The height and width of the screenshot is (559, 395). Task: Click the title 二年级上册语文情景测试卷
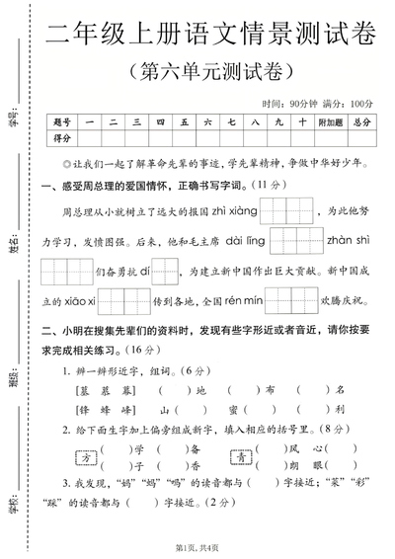click(x=211, y=36)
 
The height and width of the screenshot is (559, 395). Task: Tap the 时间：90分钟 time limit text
click(x=292, y=104)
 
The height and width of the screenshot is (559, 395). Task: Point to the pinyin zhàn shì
click(x=346, y=238)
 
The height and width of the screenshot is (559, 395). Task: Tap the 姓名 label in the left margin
click(x=13, y=243)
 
